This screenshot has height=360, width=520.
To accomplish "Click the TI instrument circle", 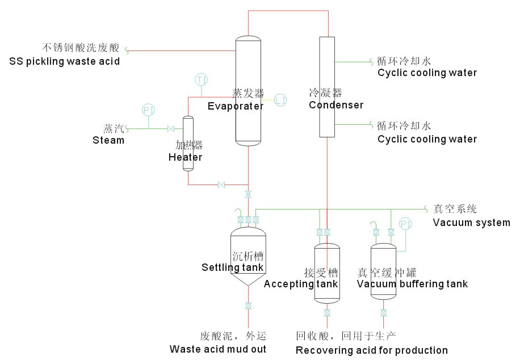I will pos(202,79).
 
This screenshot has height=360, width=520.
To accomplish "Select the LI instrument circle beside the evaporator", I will pos(280,100).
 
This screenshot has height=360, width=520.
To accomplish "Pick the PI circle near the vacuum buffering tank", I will pos(405,223).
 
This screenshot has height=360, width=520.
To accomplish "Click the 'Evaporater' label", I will pos(235,106).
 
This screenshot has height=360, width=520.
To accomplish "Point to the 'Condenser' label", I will pos(336,105).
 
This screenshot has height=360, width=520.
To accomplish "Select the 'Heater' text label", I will pos(185,157).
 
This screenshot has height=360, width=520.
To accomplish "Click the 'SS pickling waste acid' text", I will pos(64,61).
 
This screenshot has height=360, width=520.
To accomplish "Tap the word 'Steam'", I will pos(108,140).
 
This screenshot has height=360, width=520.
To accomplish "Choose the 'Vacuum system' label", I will pos(471,223).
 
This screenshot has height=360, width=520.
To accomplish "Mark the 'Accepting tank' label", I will pos(300,284).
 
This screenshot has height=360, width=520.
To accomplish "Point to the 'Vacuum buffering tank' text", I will pos(412,284).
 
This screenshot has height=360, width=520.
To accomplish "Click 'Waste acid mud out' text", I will pos(217,349).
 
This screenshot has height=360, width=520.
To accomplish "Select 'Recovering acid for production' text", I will pos(372,350).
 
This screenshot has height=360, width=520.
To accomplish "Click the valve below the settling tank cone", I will pos(248,306).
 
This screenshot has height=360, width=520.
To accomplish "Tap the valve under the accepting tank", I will pos(327,313).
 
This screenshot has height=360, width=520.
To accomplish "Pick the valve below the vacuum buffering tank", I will pos(383,313).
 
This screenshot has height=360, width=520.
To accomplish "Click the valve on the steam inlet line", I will pos(171,128).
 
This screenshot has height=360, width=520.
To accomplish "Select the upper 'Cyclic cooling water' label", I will pos(427,73).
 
